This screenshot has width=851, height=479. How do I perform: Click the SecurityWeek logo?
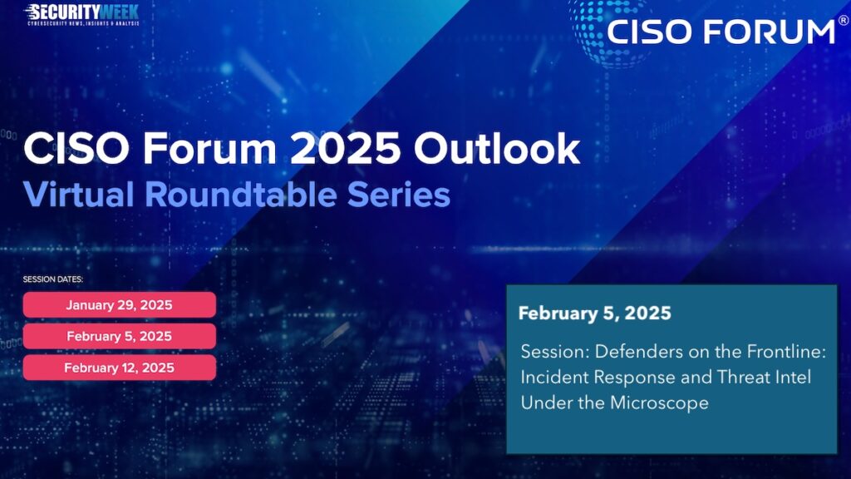(x=82, y=15)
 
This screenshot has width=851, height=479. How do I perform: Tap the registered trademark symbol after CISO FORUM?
(x=844, y=21)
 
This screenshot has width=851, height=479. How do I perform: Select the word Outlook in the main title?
(x=497, y=148)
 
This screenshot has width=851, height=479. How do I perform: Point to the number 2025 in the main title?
(x=345, y=148)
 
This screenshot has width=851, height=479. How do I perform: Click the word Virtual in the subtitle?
(x=78, y=194)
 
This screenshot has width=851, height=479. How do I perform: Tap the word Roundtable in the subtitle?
(x=240, y=194)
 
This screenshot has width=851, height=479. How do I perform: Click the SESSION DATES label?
(x=52, y=279)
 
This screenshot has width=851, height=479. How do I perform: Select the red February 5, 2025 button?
(x=120, y=336)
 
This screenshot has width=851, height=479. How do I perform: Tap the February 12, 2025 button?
(x=120, y=368)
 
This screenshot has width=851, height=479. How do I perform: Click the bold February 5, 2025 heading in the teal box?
(x=595, y=314)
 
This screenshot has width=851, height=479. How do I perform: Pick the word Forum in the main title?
(x=209, y=148)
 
